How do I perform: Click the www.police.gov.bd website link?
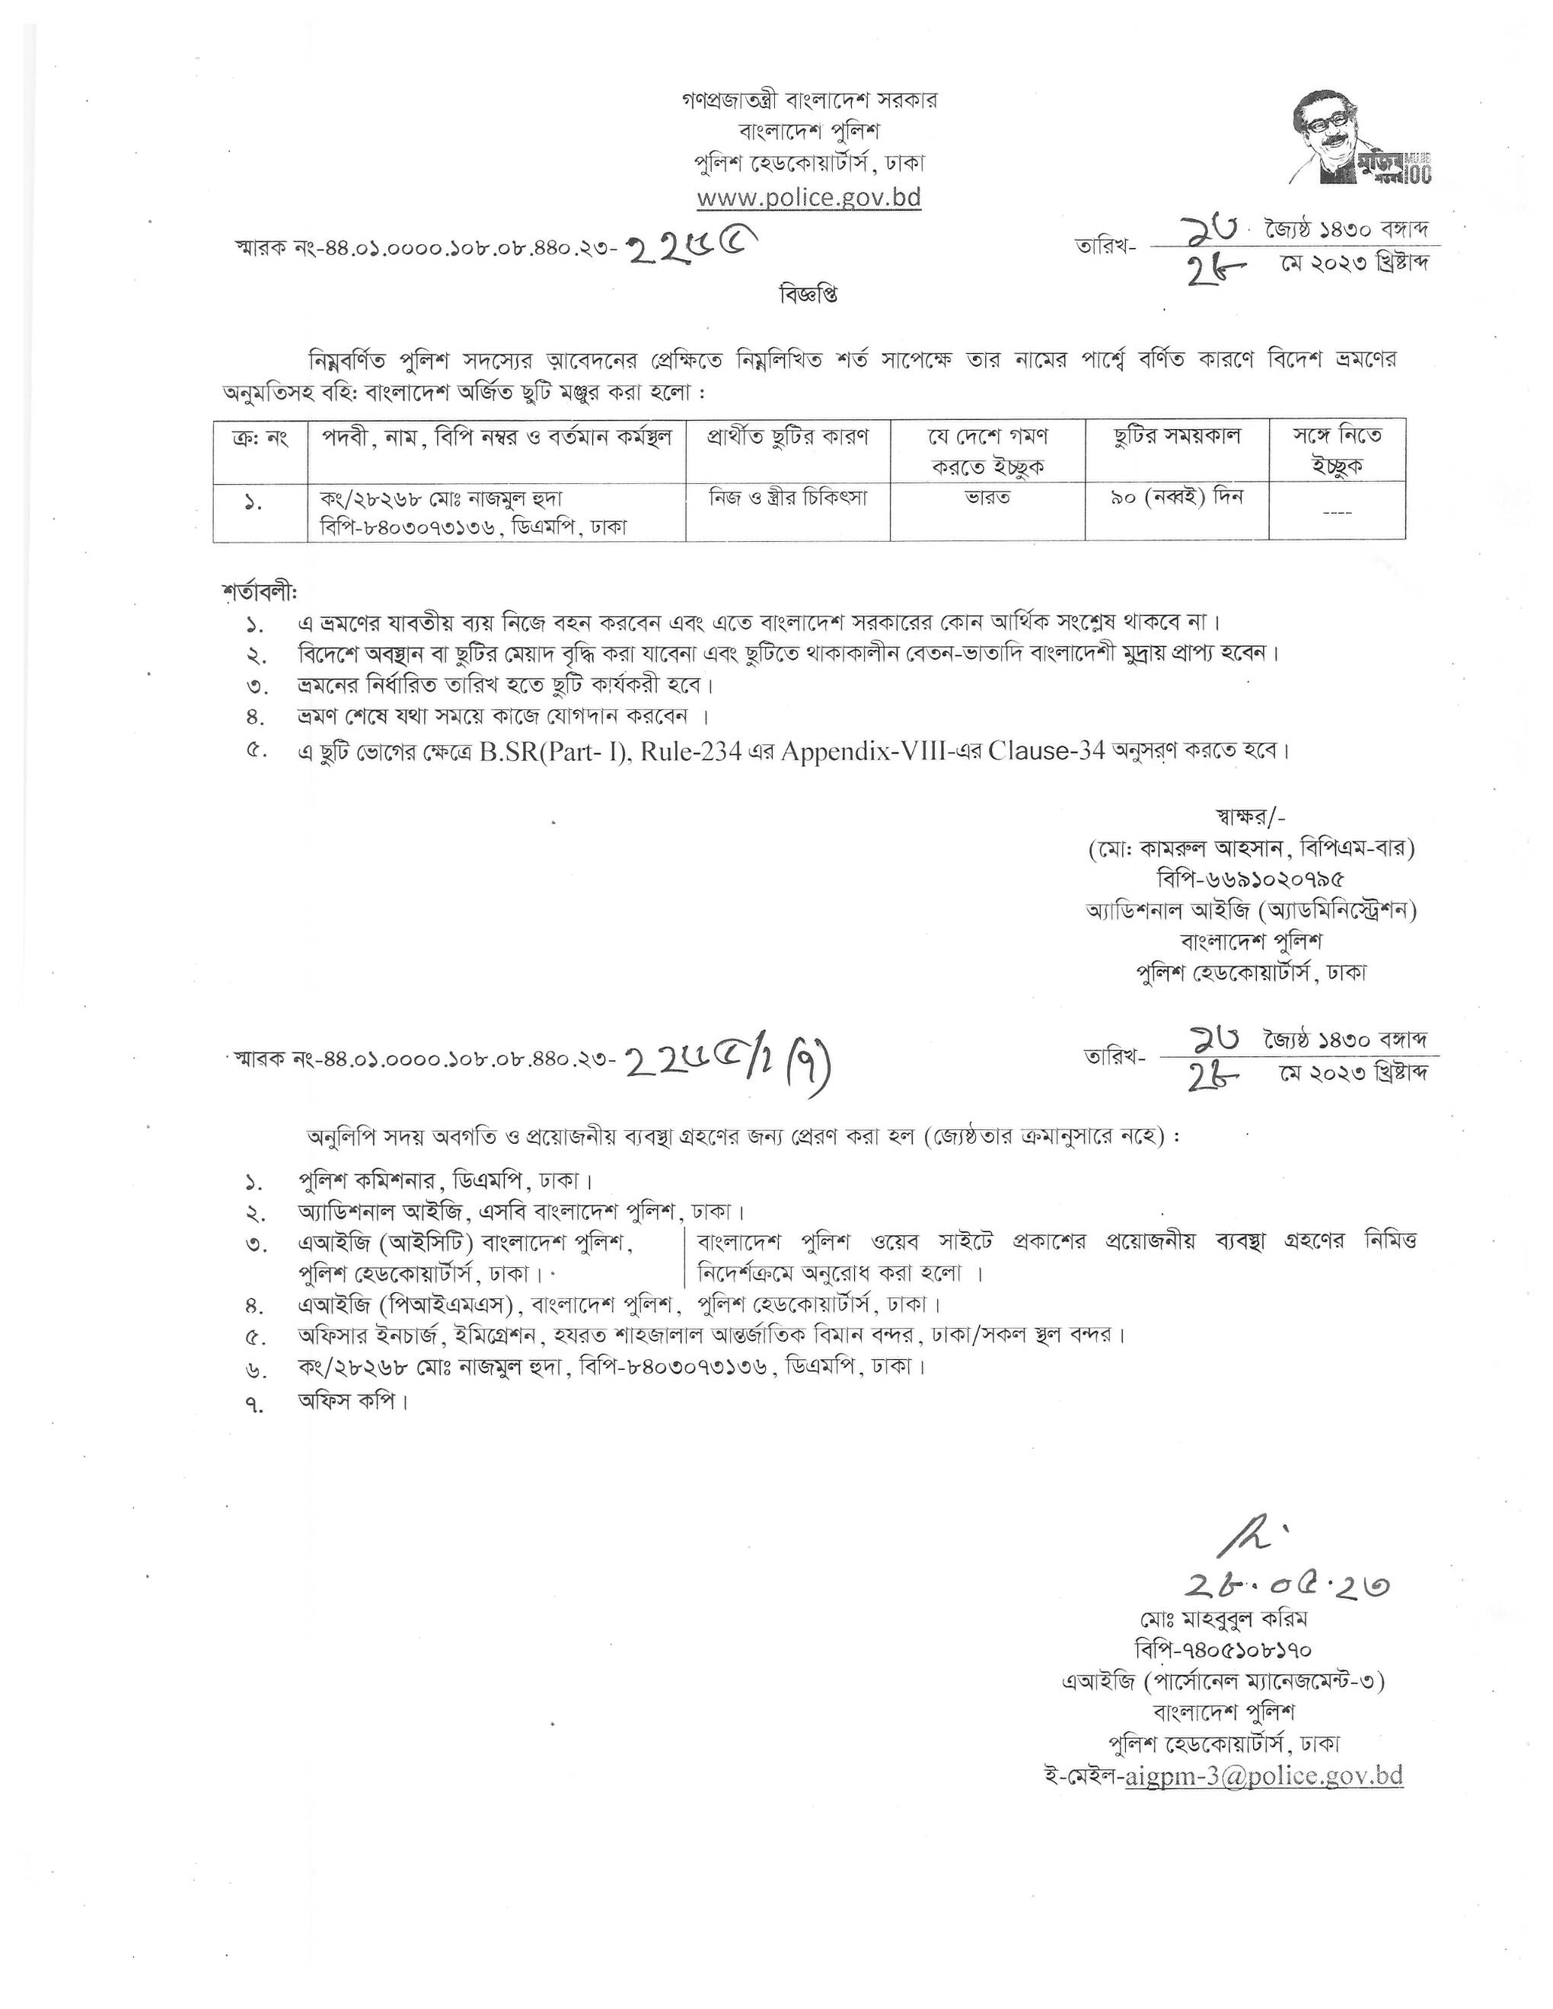(x=808, y=198)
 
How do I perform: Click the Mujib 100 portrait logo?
(x=1363, y=138)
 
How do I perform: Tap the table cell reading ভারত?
(x=987, y=498)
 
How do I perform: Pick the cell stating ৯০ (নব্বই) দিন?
(x=1177, y=498)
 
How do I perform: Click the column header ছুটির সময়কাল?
(x=1177, y=435)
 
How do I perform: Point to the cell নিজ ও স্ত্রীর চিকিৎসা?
(x=788, y=498)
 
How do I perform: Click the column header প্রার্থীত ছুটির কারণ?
(x=788, y=435)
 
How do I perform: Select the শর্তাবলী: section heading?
(x=260, y=591)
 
